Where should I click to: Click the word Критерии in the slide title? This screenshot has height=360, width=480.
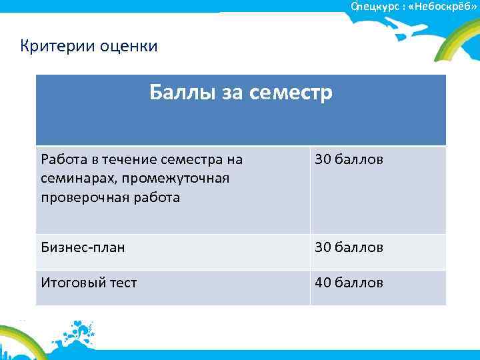pyautogui.click(x=58, y=46)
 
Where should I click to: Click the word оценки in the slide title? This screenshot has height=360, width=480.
pyautogui.click(x=129, y=46)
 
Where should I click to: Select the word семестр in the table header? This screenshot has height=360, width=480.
pyautogui.click(x=290, y=91)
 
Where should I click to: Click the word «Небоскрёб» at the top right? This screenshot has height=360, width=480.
pyautogui.click(x=440, y=5)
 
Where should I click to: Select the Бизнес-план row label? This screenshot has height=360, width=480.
pyautogui.click(x=83, y=247)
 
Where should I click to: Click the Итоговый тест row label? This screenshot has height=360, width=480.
pyautogui.click(x=89, y=283)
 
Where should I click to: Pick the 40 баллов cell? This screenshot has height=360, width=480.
pyautogui.click(x=349, y=283)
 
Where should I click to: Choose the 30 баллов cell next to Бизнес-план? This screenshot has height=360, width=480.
pyautogui.click(x=349, y=247)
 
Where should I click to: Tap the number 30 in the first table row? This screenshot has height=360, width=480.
pyautogui.click(x=323, y=160)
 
